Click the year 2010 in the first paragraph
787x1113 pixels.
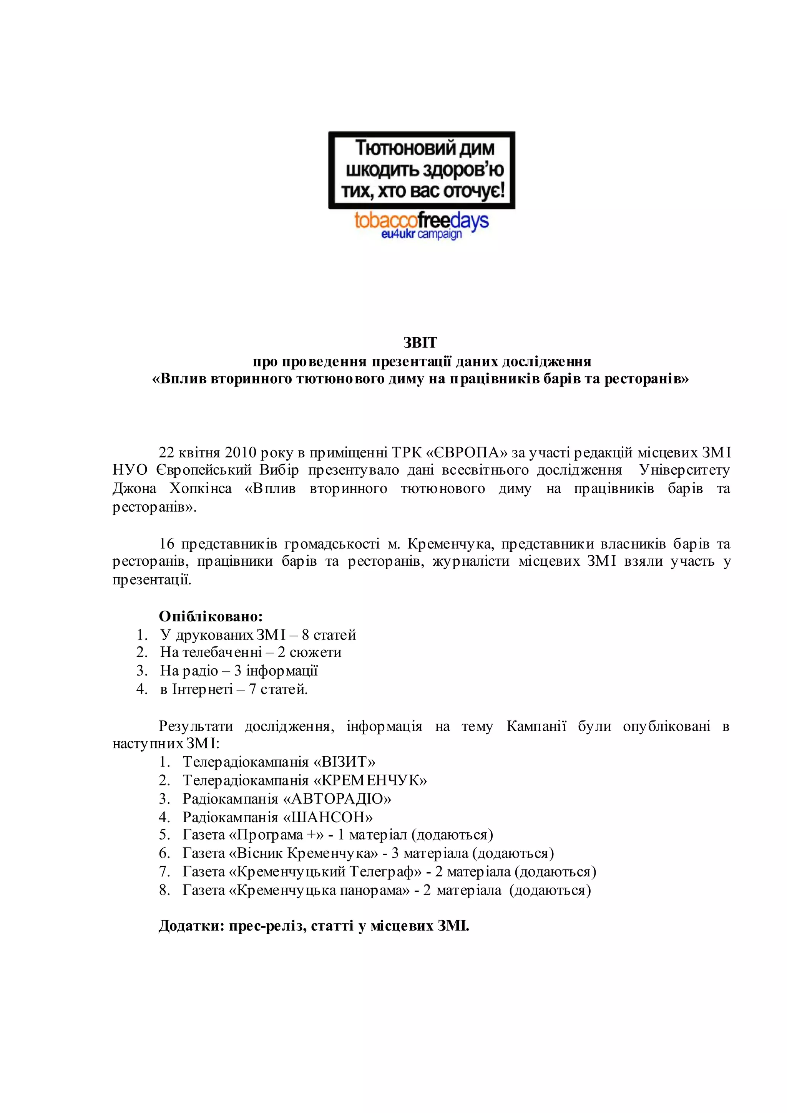pos(240,452)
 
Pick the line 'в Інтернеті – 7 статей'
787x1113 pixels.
pos(234,689)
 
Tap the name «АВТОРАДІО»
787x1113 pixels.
pos(337,798)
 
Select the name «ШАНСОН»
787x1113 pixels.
pos(328,817)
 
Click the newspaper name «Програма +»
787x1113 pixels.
pos(276,835)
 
